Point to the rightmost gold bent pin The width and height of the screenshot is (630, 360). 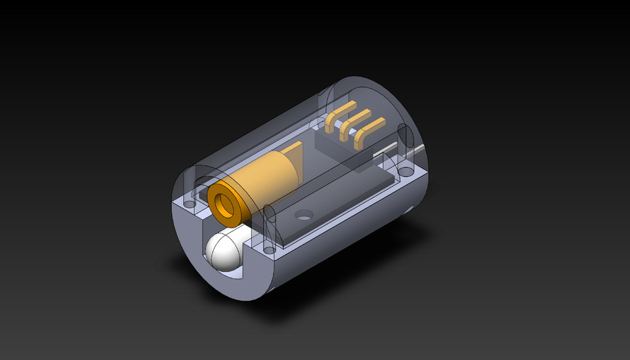[x=369, y=134]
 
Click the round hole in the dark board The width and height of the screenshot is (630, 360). [x=303, y=213]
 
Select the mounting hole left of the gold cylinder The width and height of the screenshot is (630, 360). [x=191, y=204]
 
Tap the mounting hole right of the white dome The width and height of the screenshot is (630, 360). [x=267, y=250]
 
